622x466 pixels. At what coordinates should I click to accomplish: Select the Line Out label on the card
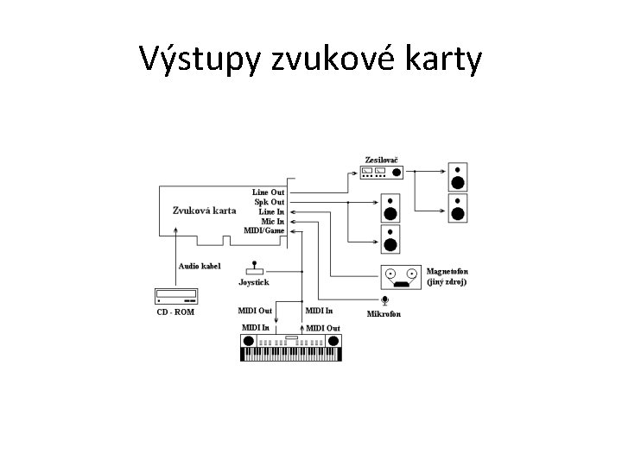pos(268,192)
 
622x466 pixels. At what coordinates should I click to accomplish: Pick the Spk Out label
pos(269,202)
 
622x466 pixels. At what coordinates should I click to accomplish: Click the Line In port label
pos(271,211)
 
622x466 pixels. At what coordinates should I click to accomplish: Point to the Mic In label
pos(273,221)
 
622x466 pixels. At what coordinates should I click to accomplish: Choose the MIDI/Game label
pos(264,230)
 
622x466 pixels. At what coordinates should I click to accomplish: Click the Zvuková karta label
pos(204,210)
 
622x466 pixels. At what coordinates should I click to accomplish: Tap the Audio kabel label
pos(200,266)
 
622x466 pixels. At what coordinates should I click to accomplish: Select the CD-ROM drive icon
pos(175,294)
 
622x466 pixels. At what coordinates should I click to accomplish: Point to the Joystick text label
pos(254,282)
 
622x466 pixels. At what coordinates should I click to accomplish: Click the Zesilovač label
pos(381,160)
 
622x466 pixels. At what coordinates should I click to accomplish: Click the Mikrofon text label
pos(384,313)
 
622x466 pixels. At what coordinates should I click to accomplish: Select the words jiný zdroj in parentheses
pos(447,282)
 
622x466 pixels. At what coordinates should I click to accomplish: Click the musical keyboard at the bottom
pos(290,346)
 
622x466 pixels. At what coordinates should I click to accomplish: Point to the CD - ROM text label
pos(175,312)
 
